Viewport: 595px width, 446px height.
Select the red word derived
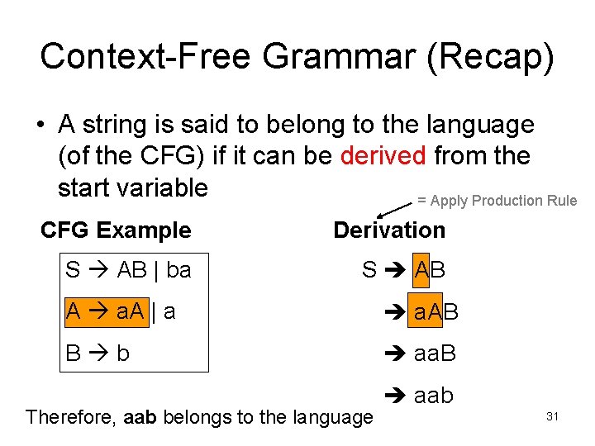tap(383, 155)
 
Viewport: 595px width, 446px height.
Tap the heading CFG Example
tap(116, 230)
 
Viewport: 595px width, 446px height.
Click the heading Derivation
tap(388, 230)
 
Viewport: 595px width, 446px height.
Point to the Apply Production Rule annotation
tap(497, 200)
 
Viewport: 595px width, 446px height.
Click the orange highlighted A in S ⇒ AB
tap(421, 270)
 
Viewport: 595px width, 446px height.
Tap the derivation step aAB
tap(436, 312)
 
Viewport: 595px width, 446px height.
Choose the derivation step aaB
tap(435, 353)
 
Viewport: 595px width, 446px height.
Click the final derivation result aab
tap(433, 396)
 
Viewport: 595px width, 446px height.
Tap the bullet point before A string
tap(40, 126)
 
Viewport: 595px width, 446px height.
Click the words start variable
tap(132, 187)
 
